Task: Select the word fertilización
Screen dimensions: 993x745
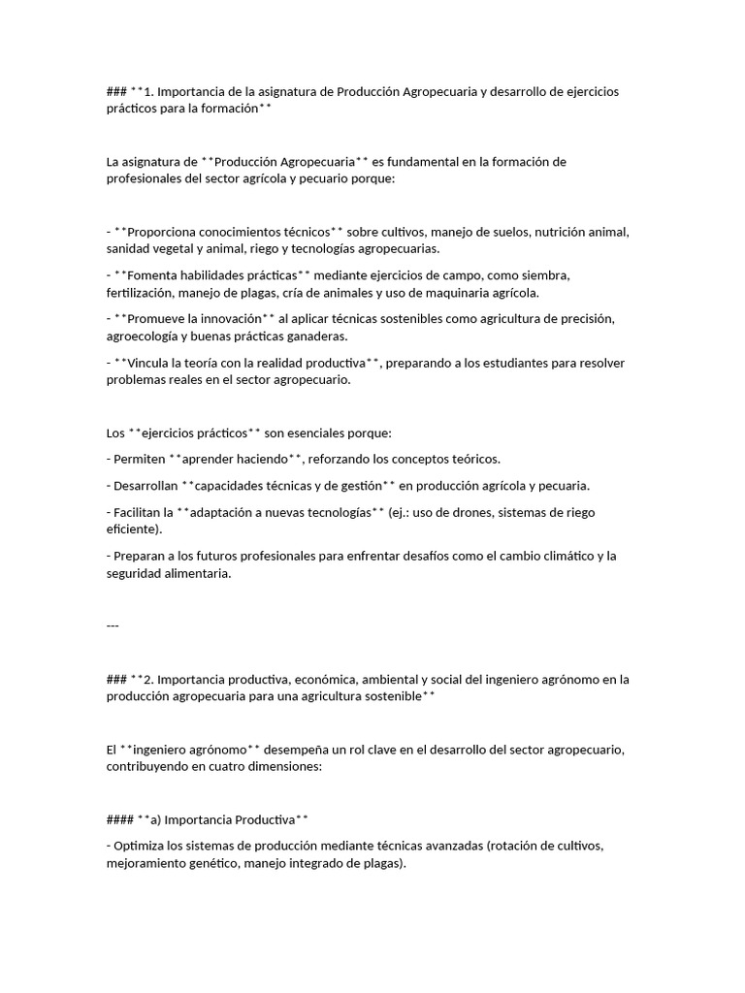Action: click(143, 292)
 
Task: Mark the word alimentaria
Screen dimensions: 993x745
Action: click(199, 573)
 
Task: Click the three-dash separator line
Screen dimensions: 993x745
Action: click(113, 625)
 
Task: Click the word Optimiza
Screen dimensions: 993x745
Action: click(141, 845)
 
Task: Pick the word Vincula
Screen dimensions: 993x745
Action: click(152, 363)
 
